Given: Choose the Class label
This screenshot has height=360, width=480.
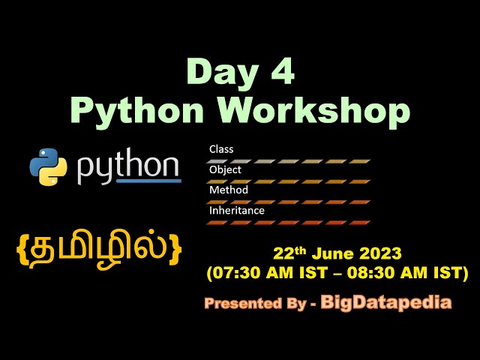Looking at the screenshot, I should [x=220, y=149].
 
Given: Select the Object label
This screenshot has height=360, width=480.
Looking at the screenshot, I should [x=224, y=169].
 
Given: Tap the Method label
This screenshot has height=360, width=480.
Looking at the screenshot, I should [x=228, y=190].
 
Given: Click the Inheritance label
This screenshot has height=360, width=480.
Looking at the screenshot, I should [x=236, y=211].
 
